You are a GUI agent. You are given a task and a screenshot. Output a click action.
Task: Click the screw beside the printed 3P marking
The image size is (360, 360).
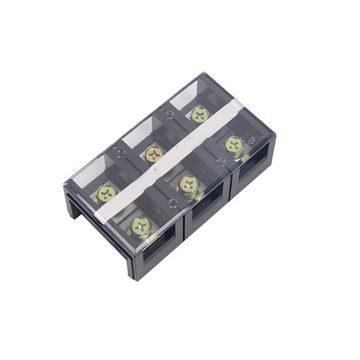click(233, 145)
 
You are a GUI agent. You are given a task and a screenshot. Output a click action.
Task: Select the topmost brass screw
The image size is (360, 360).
click(199, 113)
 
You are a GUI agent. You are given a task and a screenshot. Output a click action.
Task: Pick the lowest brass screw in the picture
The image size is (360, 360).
click(140, 225)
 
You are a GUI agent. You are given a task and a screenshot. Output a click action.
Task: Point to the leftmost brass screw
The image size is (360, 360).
click(108, 192)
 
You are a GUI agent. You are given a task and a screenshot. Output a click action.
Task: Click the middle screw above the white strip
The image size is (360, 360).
click(153, 153)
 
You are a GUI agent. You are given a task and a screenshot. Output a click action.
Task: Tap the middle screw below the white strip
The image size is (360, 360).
click(188, 184)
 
